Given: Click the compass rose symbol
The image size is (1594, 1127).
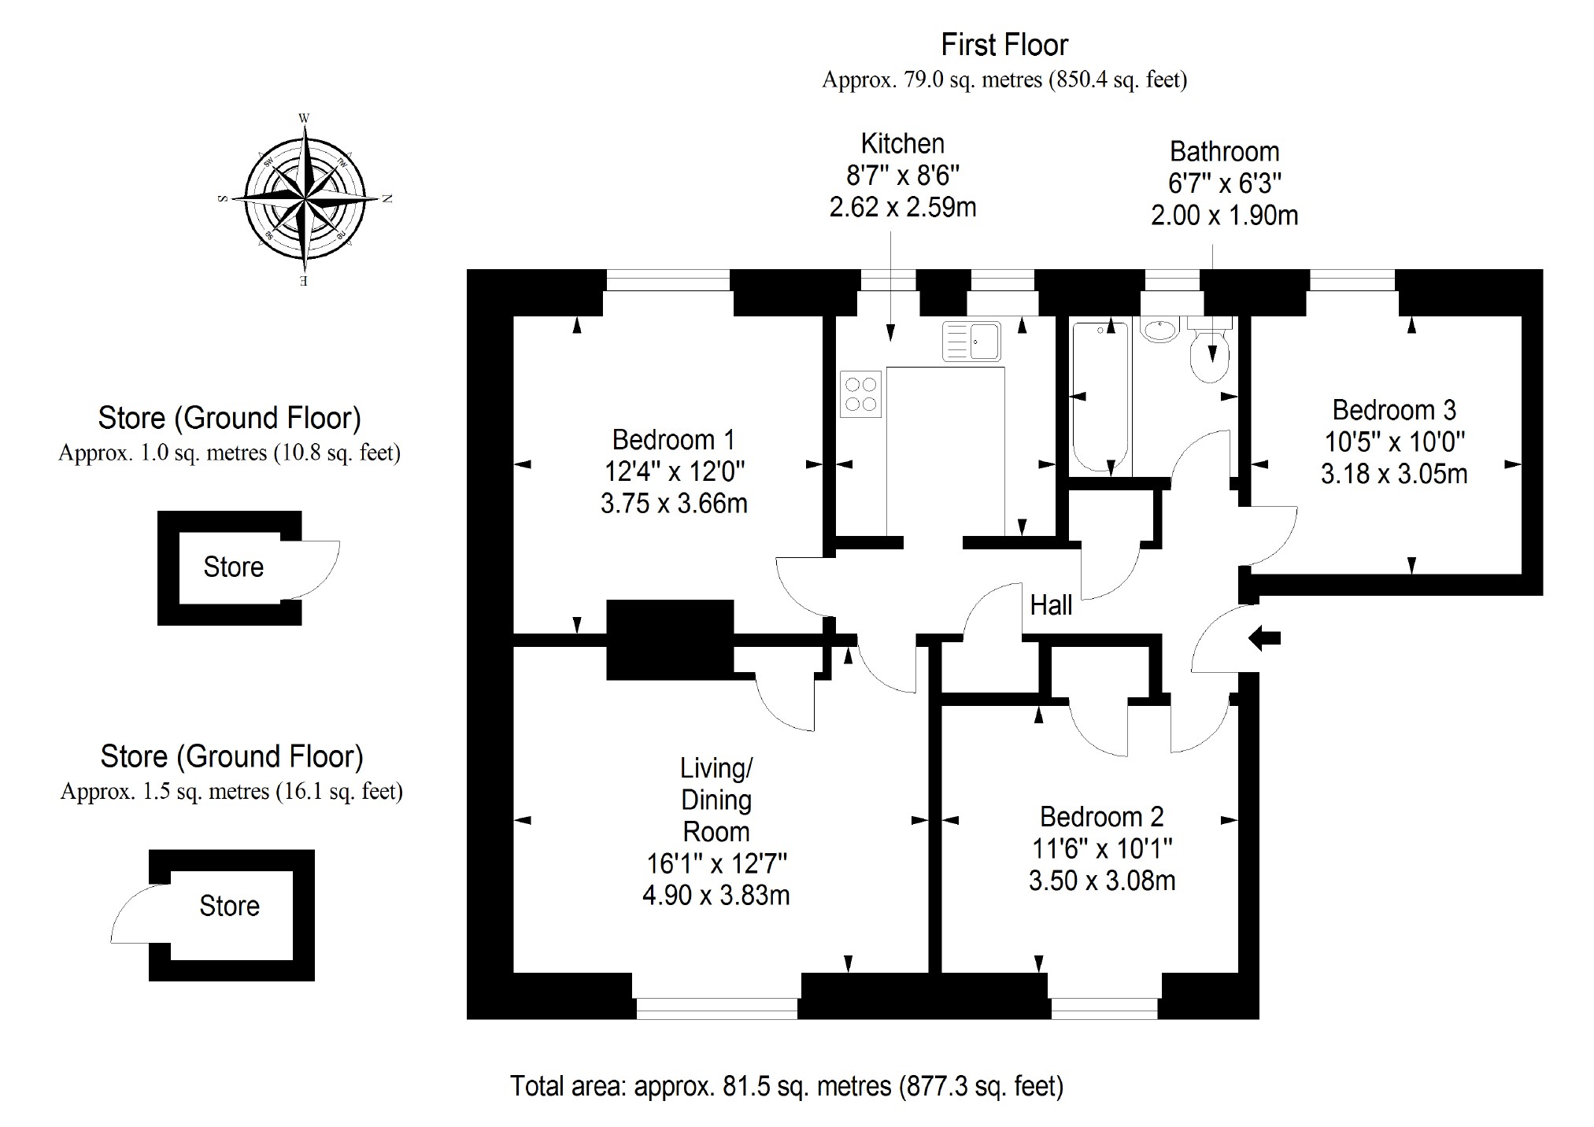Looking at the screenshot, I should [x=304, y=198].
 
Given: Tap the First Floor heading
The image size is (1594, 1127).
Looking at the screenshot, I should [x=1004, y=46].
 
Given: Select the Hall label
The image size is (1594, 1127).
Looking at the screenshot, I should [x=1051, y=605].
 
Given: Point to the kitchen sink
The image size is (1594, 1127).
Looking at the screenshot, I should [x=971, y=341].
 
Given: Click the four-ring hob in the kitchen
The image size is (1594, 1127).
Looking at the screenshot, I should [x=860, y=394].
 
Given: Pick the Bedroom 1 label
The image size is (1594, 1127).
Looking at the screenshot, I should [x=673, y=439].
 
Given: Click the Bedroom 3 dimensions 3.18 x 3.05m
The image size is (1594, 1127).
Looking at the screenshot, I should [x=1393, y=474].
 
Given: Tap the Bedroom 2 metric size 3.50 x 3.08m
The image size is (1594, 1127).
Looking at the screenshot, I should [x=1101, y=880].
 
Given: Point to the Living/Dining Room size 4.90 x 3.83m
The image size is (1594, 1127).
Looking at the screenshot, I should [x=716, y=896].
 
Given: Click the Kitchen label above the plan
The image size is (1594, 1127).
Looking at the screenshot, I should [x=902, y=144].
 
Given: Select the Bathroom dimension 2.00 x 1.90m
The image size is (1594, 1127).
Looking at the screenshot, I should [x=1224, y=215].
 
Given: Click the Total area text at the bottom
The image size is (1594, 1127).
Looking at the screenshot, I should [x=786, y=1086].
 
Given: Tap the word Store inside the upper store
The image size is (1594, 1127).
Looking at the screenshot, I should [x=233, y=567].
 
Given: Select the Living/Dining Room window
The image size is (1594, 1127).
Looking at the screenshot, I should [x=716, y=1008].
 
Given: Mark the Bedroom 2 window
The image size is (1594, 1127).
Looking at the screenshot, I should [x=1104, y=1008].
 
